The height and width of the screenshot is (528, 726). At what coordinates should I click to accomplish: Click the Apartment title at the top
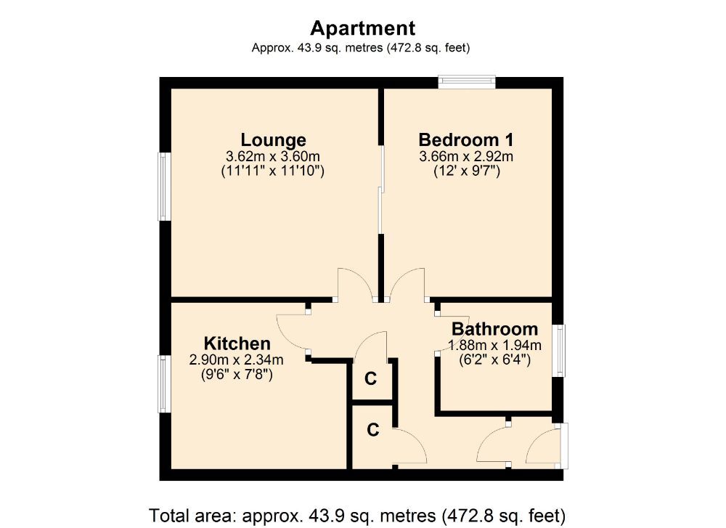click(362, 28)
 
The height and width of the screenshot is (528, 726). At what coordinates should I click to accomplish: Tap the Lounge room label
click(273, 139)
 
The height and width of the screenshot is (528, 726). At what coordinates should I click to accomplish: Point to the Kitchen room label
click(237, 343)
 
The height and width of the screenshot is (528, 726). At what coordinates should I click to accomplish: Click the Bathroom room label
click(494, 329)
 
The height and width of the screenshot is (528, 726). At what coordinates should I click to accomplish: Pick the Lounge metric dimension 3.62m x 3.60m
click(273, 156)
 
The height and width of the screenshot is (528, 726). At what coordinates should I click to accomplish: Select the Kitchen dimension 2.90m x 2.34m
click(237, 360)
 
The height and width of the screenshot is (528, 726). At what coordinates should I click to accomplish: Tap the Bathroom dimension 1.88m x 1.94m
click(495, 345)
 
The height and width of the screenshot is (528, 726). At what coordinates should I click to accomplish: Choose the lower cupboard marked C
click(372, 430)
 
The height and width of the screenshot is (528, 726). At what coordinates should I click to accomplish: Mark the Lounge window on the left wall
click(165, 187)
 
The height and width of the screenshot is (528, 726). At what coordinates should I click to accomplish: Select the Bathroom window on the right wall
click(559, 351)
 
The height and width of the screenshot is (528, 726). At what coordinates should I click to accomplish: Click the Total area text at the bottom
click(356, 515)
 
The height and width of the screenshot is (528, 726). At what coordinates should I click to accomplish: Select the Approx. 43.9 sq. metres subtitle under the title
click(362, 49)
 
